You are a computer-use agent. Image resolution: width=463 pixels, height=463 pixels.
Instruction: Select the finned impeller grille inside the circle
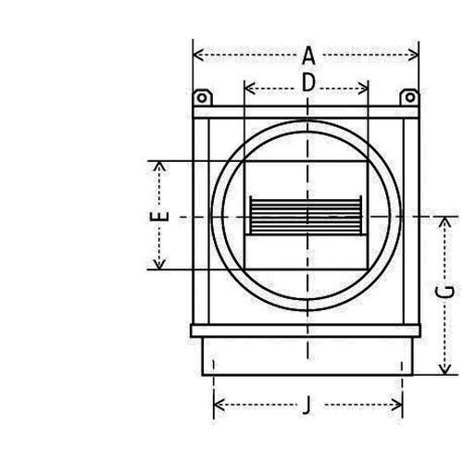point(306,218)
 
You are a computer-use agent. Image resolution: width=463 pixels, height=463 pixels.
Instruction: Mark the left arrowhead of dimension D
point(247,90)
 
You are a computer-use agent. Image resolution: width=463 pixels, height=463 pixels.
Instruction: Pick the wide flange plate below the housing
point(305,331)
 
